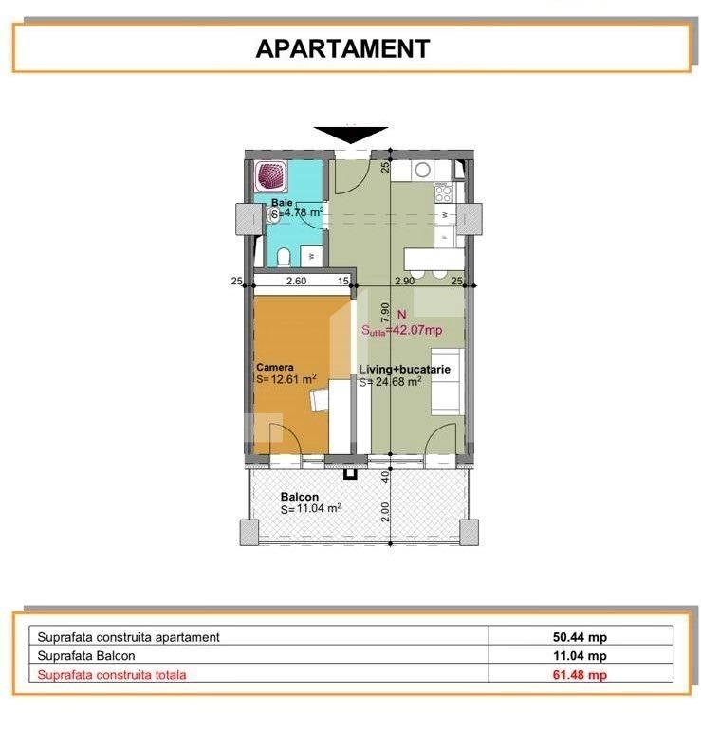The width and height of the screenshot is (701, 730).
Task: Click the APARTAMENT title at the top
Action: coord(343,48)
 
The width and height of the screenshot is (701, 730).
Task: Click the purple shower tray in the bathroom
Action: coord(273,177)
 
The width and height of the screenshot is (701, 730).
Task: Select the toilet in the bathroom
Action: coord(284,254)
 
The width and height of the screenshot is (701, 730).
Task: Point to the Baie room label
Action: coord(282,203)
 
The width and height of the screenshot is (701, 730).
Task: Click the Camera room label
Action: coord(275,367)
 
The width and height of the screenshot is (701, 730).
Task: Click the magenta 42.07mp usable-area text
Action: coord(402,331)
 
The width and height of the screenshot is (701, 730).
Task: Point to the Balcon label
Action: coord(299,497)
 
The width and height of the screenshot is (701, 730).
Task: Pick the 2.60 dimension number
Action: coord(296,281)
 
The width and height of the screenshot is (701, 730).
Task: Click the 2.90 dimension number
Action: coord(404,281)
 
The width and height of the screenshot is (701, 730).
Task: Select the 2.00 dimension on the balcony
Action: coord(385,511)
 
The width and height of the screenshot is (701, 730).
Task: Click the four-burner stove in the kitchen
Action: coord(442,193)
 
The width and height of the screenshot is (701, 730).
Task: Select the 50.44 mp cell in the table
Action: coord(581,637)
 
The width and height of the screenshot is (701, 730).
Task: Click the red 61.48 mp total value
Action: coord(581,675)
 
